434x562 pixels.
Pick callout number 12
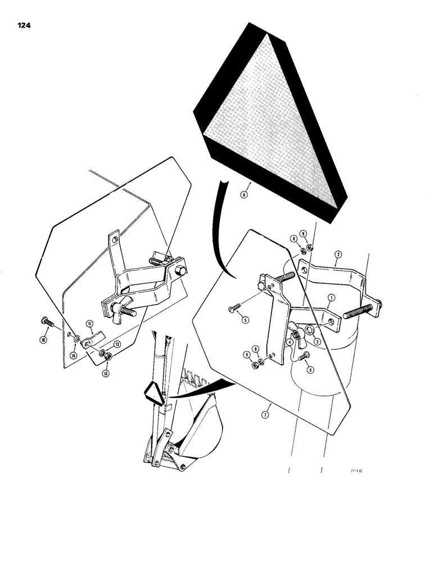pyautogui.click(x=117, y=344)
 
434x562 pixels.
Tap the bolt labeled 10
pyautogui.click(x=48, y=323)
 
